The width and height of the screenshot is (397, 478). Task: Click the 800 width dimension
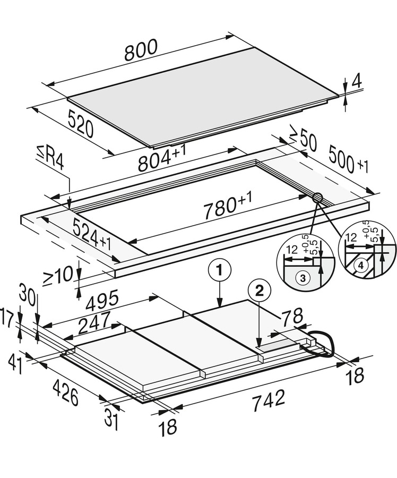tap(141, 49)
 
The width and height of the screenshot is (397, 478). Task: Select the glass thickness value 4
tap(356, 81)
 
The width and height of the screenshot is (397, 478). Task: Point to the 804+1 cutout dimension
tap(162, 157)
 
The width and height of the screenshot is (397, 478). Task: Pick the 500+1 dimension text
tap(349, 160)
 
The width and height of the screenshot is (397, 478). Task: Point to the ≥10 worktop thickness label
tap(58, 276)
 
